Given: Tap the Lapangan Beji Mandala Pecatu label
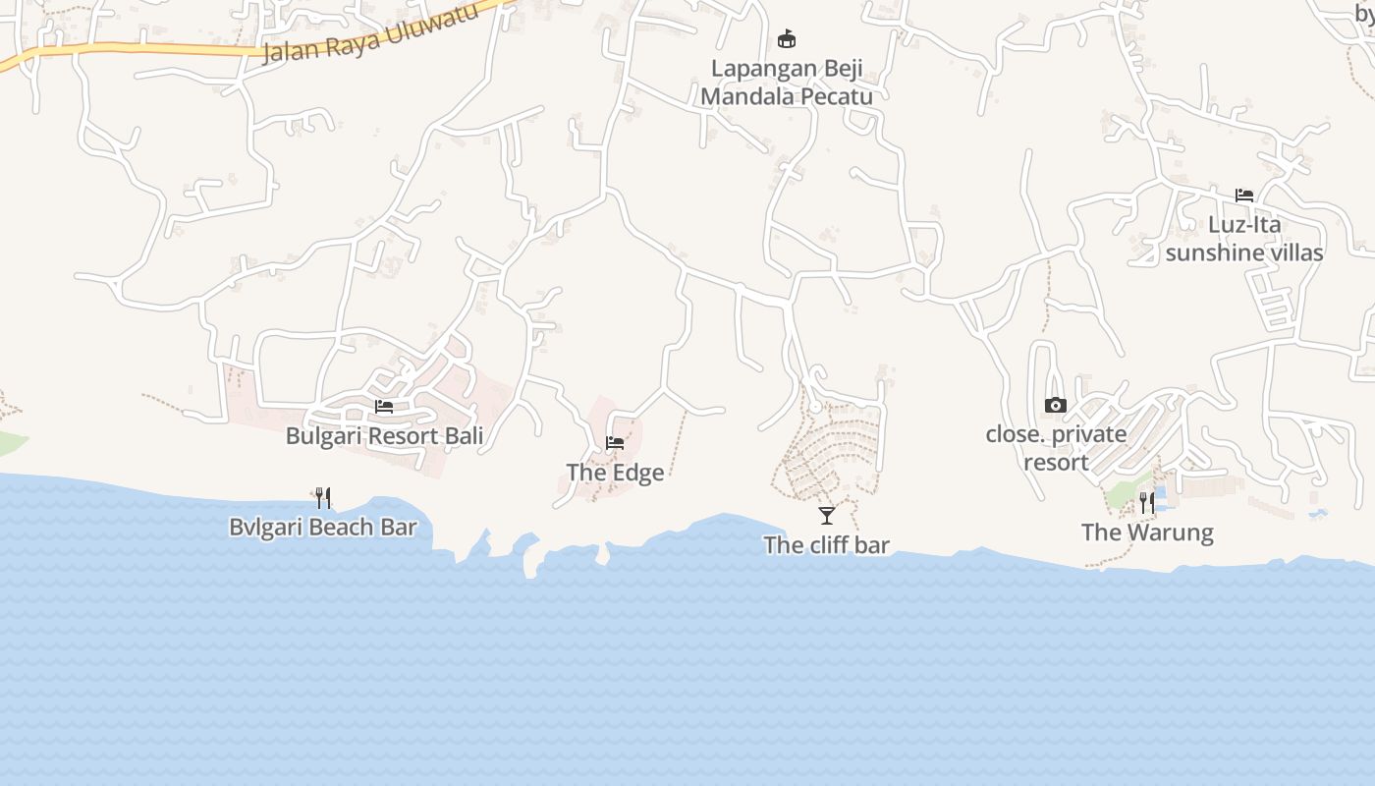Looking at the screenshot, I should pos(787,83).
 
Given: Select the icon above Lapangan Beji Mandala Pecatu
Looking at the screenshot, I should pos(787,39).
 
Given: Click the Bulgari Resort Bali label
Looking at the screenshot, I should pos(384,435).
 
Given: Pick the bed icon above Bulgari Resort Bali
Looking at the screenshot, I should pos(384,407).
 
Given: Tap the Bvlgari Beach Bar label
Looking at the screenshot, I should pos(323,528).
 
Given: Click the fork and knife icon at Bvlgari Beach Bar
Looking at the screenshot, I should pos(323,498).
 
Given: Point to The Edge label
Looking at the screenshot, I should pos(616,473).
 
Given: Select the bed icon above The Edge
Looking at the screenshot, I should pos(615,443).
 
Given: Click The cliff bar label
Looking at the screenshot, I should pos(827,545).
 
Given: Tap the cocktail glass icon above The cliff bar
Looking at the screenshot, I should pos(827,515).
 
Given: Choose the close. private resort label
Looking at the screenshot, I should pos(1056,448).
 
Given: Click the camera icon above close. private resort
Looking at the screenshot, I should pos(1056,405).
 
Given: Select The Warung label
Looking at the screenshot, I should pos(1147,533).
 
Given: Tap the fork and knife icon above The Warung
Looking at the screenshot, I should pos(1147,503).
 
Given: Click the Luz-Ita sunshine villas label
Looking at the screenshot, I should pos(1244,239).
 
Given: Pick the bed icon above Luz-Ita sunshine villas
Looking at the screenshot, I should pos(1244,196).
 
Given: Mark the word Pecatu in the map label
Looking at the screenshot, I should pos(836,96).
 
